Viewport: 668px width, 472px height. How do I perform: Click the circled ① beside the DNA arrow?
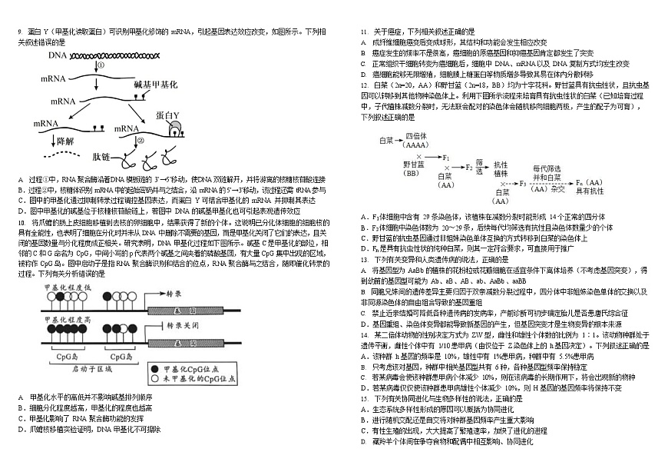click(x=101, y=66)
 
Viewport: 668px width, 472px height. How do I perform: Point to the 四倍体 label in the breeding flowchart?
click(x=416, y=136)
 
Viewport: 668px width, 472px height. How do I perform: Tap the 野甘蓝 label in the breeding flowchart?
click(x=412, y=164)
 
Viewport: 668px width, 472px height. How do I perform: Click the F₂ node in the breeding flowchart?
click(x=470, y=165)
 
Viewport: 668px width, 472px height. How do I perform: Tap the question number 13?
click(x=365, y=261)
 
